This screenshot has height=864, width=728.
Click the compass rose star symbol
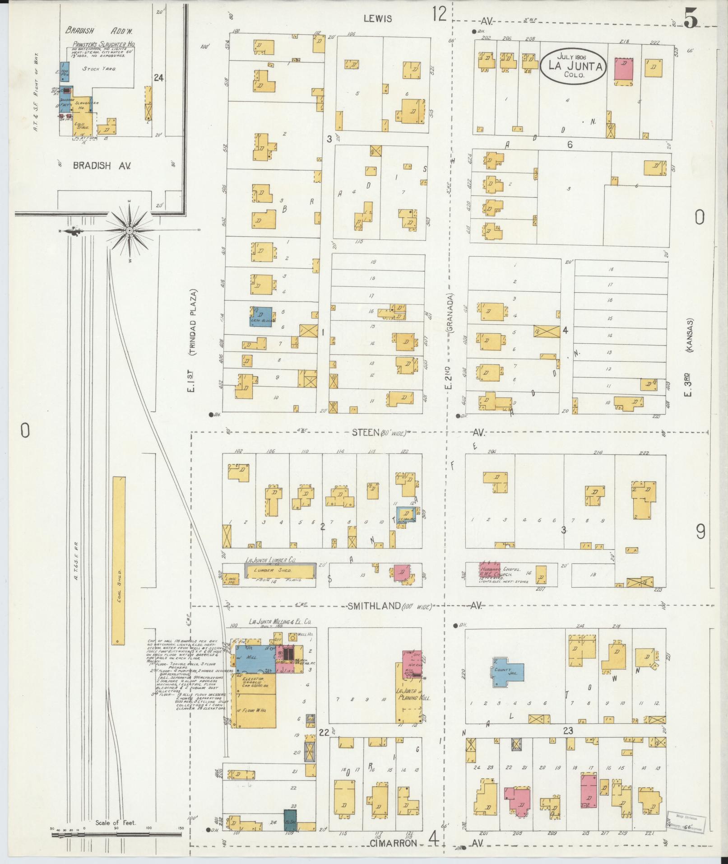click(x=130, y=231)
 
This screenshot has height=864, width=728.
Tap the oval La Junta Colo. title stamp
click(x=573, y=66)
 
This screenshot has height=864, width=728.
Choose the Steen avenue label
click(x=365, y=433)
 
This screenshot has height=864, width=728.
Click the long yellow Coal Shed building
click(x=118, y=560)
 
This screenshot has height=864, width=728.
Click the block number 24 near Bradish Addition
click(x=158, y=78)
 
